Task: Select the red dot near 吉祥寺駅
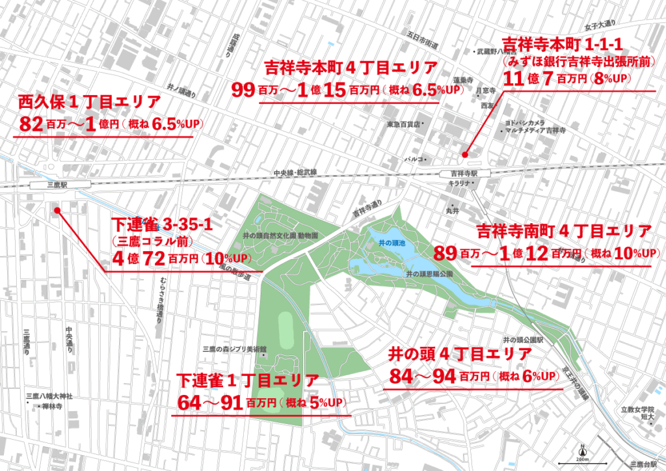(x=464, y=155)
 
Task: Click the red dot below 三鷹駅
(x=57, y=210)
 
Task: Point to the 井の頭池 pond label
(x=392, y=243)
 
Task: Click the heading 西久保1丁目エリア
(x=89, y=101)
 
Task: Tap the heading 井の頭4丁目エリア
(x=460, y=355)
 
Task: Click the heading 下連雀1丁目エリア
(x=248, y=381)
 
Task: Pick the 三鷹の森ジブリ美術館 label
(x=235, y=349)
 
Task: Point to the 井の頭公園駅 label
(x=527, y=340)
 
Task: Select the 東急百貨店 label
(x=405, y=123)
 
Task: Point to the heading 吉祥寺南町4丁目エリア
(x=564, y=231)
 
